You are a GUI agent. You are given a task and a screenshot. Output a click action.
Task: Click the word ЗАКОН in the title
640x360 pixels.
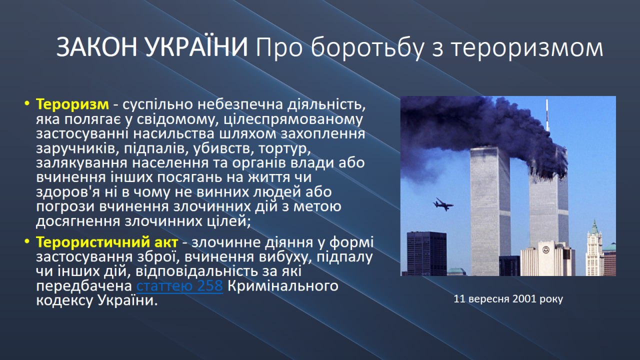click(97, 47)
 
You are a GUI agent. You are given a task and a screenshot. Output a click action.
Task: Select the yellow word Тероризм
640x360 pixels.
click(72, 104)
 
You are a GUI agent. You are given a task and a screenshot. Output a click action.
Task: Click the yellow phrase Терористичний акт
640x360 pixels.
click(107, 242)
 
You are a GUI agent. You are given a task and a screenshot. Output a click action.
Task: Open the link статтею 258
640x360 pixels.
click(179, 285)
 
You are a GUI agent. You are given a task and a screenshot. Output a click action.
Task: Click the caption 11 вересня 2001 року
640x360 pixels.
click(508, 299)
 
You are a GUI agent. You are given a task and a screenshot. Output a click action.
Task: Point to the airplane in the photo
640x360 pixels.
click(443, 204)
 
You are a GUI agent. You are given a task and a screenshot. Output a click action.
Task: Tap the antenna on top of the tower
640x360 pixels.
click(547, 115)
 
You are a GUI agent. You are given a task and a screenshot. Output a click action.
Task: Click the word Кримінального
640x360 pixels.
click(283, 285)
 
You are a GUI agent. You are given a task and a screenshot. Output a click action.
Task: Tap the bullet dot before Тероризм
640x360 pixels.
click(27, 103)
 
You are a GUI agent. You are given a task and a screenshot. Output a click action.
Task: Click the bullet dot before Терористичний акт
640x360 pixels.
click(27, 241)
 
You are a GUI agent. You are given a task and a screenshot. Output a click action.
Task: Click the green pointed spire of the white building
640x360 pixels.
click(594, 227)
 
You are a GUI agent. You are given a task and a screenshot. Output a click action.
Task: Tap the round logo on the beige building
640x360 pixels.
click(545, 250)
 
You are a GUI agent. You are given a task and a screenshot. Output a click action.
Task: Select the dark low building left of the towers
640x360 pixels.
click(427, 253)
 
